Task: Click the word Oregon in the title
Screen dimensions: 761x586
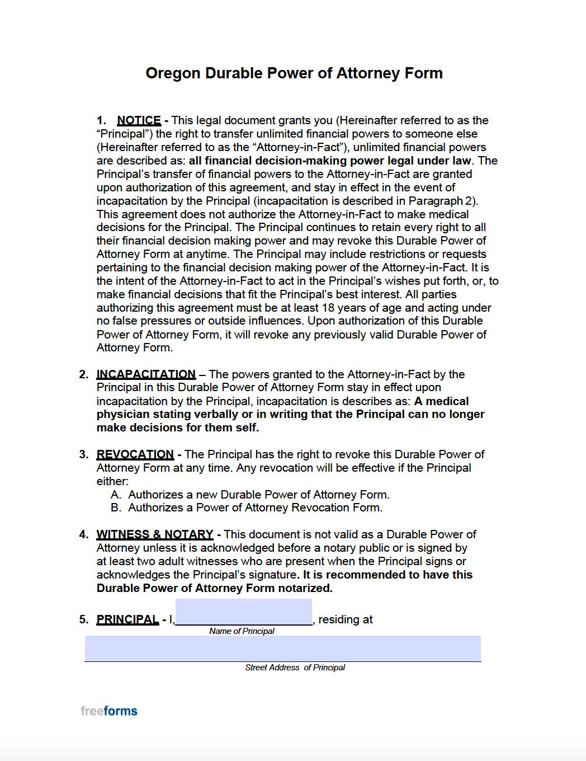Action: (x=173, y=73)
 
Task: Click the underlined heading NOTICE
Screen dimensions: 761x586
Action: (x=139, y=120)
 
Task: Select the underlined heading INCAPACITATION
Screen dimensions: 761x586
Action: (x=146, y=374)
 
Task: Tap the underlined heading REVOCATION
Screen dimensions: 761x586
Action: (x=135, y=454)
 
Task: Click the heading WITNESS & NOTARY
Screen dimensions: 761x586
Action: (x=155, y=534)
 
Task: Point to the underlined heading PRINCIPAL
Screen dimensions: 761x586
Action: (x=127, y=619)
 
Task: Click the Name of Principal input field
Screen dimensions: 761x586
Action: (x=244, y=612)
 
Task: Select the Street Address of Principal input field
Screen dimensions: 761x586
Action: (x=282, y=649)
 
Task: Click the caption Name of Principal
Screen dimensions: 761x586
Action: (x=242, y=631)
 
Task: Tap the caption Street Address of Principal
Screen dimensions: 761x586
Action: (x=295, y=668)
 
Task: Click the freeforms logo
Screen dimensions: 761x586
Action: (x=109, y=711)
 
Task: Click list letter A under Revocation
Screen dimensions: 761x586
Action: (x=116, y=495)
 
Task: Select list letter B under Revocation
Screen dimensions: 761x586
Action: (x=116, y=508)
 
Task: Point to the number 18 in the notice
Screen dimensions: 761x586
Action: (x=328, y=308)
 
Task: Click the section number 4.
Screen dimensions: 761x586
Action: (x=83, y=534)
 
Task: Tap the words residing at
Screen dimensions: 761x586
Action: (x=345, y=619)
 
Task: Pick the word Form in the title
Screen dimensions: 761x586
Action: (x=423, y=73)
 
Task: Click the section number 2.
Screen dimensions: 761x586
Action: (x=83, y=374)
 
